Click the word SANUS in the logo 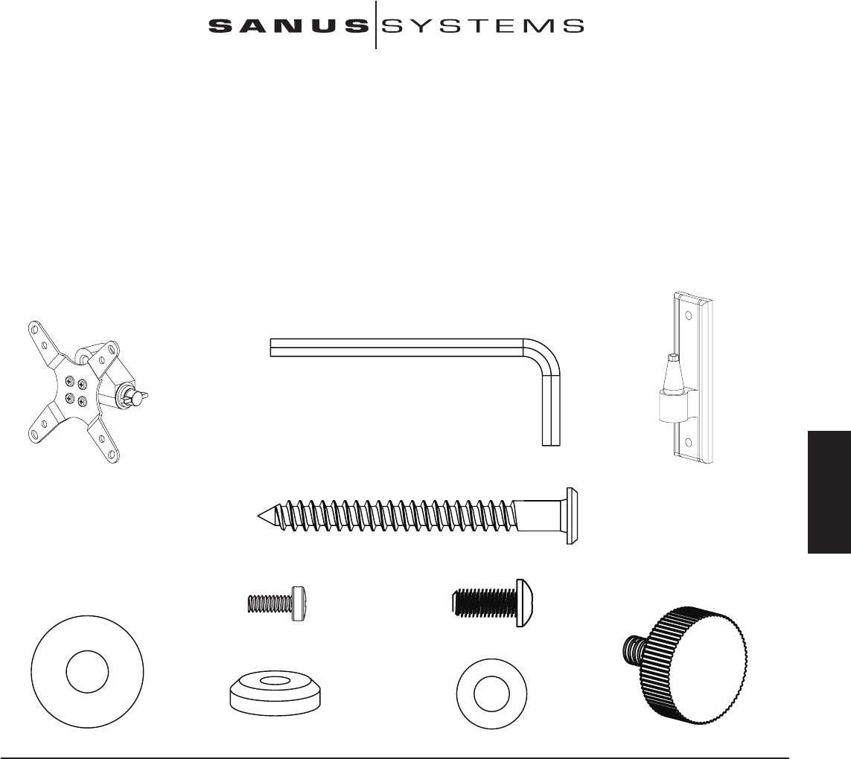pos(289,26)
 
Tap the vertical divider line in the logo pos(376,25)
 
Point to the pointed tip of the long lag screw pos(260,514)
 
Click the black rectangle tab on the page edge pos(829,490)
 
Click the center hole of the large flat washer pos(87,672)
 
